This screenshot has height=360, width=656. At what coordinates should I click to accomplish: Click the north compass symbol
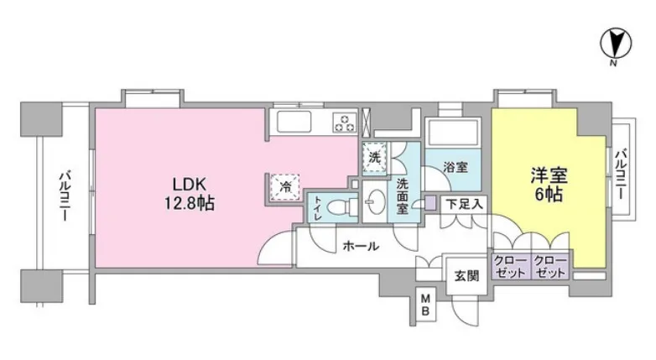pyautogui.click(x=616, y=43)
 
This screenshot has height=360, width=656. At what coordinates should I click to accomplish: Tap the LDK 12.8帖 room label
pyautogui.click(x=189, y=194)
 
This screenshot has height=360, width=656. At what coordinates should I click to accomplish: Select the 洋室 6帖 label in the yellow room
pyautogui.click(x=549, y=185)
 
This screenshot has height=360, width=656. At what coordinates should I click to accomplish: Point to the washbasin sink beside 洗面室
pyautogui.click(x=375, y=201)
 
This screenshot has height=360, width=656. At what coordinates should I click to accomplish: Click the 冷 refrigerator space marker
pyautogui.click(x=285, y=187)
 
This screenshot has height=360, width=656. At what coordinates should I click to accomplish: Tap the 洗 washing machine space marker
pyautogui.click(x=375, y=158)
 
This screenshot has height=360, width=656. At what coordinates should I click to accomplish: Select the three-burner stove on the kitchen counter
pyautogui.click(x=345, y=122)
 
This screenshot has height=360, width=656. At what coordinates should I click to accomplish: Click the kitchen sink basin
pyautogui.click(x=294, y=122)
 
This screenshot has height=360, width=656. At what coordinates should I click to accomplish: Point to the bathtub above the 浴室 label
pyautogui.click(x=453, y=132)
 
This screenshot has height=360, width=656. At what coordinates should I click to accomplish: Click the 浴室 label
pyautogui.click(x=456, y=168)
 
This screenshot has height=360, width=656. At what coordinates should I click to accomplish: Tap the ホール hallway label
pyautogui.click(x=361, y=246)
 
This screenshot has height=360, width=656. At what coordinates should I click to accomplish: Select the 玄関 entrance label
pyautogui.click(x=466, y=276)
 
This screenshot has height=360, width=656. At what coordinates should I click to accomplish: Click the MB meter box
pyautogui.click(x=425, y=305)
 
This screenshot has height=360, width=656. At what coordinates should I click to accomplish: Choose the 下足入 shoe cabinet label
pyautogui.click(x=464, y=204)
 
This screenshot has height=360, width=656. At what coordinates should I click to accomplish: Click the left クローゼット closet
pyautogui.click(x=510, y=266)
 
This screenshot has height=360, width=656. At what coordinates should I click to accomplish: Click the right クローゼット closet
pyautogui.click(x=550, y=266)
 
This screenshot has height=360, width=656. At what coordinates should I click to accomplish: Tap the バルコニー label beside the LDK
pyautogui.click(x=65, y=195)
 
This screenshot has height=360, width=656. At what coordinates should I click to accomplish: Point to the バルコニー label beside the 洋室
pyautogui.click(x=621, y=174)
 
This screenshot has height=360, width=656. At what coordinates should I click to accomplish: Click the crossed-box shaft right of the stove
pyautogui.click(x=366, y=123)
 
